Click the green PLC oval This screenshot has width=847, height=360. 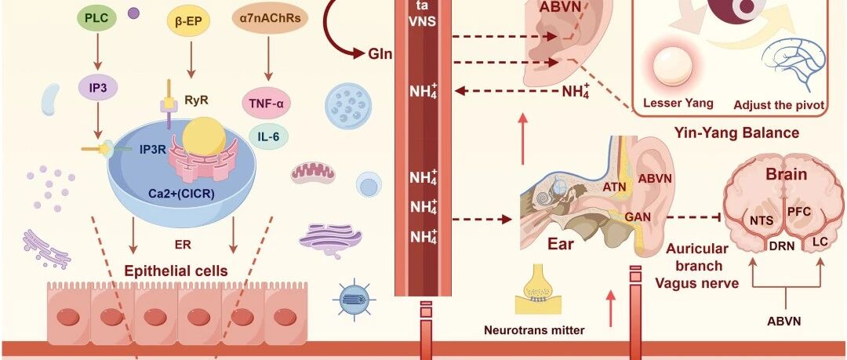pos(97,19)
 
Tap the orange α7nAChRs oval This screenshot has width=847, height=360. pos(270,18)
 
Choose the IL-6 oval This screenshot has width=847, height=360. pos(268,136)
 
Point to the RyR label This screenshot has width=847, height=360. pos(196,100)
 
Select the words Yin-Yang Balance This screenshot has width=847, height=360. pos(736,132)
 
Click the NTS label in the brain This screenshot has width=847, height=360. pos(761,220)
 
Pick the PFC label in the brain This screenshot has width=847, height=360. pos(798,212)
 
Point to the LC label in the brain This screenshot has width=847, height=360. pos(820,242)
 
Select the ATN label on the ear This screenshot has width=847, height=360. pos(614,187)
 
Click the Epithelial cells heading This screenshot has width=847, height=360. pos(176,271)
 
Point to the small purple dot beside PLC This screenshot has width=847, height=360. pos(133,13)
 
